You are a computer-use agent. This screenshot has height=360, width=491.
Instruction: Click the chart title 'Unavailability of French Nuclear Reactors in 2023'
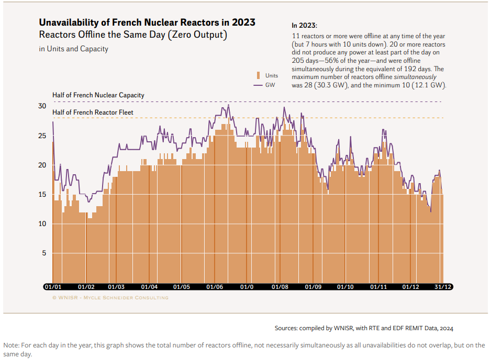pyautogui.click(x=147, y=22)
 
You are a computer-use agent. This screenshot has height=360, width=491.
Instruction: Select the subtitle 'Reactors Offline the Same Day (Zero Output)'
pyautogui.click(x=133, y=36)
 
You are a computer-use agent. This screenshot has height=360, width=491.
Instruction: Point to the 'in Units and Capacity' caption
pyautogui.click(x=73, y=49)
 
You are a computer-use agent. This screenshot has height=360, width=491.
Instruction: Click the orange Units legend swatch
pyautogui.click(x=258, y=75)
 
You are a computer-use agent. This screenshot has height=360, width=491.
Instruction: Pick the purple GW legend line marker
pyautogui.click(x=258, y=85)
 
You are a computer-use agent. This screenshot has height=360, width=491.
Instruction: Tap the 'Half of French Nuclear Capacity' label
pyautogui.click(x=98, y=95)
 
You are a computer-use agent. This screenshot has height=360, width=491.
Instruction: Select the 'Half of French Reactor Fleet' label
pyautogui.click(x=93, y=112)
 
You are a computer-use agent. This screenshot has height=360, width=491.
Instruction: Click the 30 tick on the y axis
pyautogui.click(x=43, y=106)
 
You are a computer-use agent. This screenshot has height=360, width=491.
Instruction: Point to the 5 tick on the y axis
pyautogui.click(x=45, y=253)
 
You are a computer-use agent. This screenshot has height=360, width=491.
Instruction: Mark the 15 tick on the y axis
pyautogui.click(x=43, y=195)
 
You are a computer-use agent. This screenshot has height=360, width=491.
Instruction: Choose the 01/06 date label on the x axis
pyautogui.click(x=215, y=287)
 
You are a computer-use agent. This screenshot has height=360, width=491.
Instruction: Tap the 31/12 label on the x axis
pyautogui.click(x=443, y=287)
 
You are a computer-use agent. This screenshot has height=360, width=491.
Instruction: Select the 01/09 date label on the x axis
pyautogui.click(x=313, y=287)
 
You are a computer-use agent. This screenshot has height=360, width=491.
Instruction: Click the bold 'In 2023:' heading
pyautogui.click(x=304, y=25)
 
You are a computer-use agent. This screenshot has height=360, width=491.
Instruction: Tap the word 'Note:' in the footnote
pyautogui.click(x=12, y=345)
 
